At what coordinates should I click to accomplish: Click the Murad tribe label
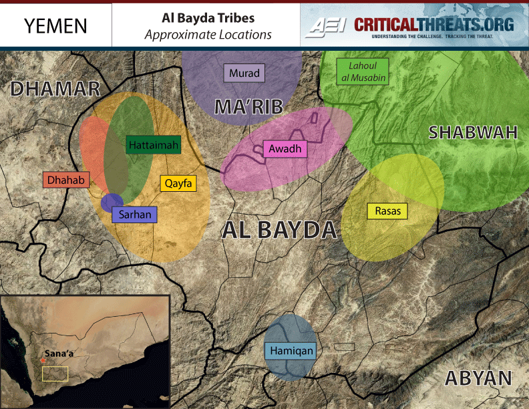(x=244, y=73)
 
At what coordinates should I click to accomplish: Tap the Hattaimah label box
(x=153, y=144)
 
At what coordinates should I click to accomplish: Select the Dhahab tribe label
(x=61, y=180)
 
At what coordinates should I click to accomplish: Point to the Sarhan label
(x=134, y=215)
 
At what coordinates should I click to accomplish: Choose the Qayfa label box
(x=178, y=183)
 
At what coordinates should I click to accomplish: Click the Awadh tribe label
(x=286, y=149)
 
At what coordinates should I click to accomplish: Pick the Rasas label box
(x=387, y=211)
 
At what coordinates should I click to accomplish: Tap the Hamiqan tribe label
(x=291, y=350)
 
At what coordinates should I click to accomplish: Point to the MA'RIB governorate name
(x=248, y=106)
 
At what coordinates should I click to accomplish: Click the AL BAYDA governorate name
(x=279, y=230)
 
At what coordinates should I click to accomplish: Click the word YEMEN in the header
(x=55, y=25)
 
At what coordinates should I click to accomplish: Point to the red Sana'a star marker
(x=43, y=360)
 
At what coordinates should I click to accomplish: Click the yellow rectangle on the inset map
(x=55, y=373)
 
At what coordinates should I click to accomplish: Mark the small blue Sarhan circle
(x=112, y=202)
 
